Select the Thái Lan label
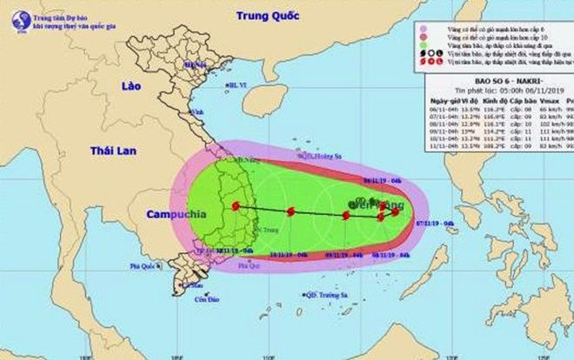click(x=114, y=151)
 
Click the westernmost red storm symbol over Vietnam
click(x=236, y=206)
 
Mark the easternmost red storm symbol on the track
click(x=397, y=210)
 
